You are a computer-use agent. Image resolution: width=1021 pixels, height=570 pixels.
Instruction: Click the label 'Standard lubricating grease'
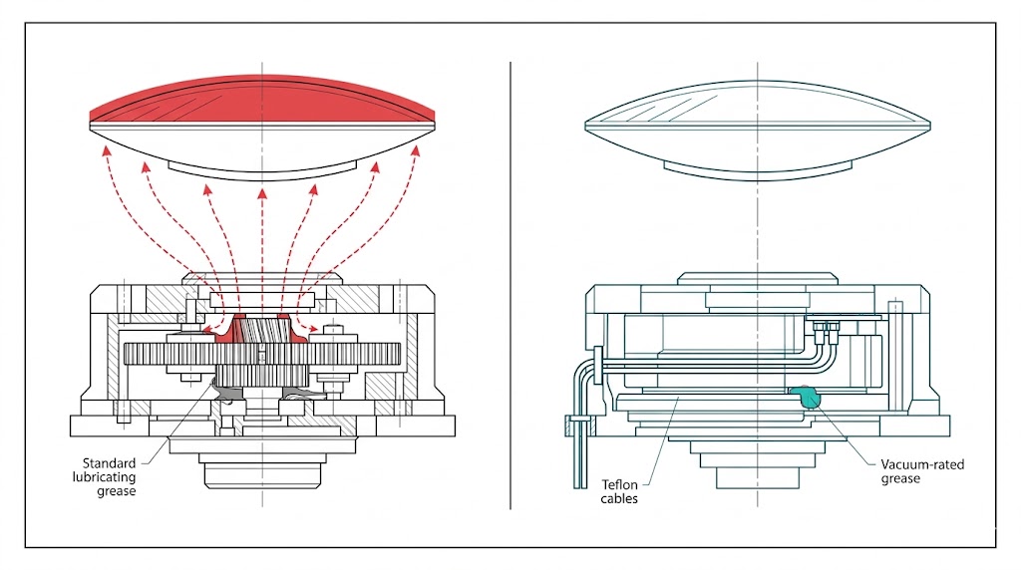pos(111,476)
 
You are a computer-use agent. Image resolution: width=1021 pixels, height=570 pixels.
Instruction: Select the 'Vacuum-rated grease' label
pos(922,471)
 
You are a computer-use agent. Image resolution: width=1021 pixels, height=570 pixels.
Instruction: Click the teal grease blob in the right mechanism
pos(806,397)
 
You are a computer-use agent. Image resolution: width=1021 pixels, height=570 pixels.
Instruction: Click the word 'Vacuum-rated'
pos(923,464)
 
